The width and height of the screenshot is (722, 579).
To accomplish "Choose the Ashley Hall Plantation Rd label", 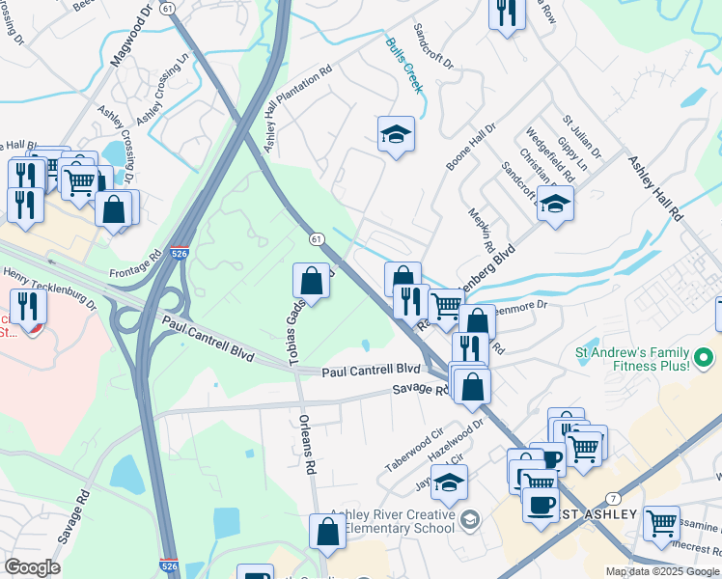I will click(x=297, y=105).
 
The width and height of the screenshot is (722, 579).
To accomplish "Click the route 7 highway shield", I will click(x=614, y=498).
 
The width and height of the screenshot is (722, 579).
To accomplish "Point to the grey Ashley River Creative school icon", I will click(x=469, y=518).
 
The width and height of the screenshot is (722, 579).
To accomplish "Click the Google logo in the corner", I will click(x=32, y=567).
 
